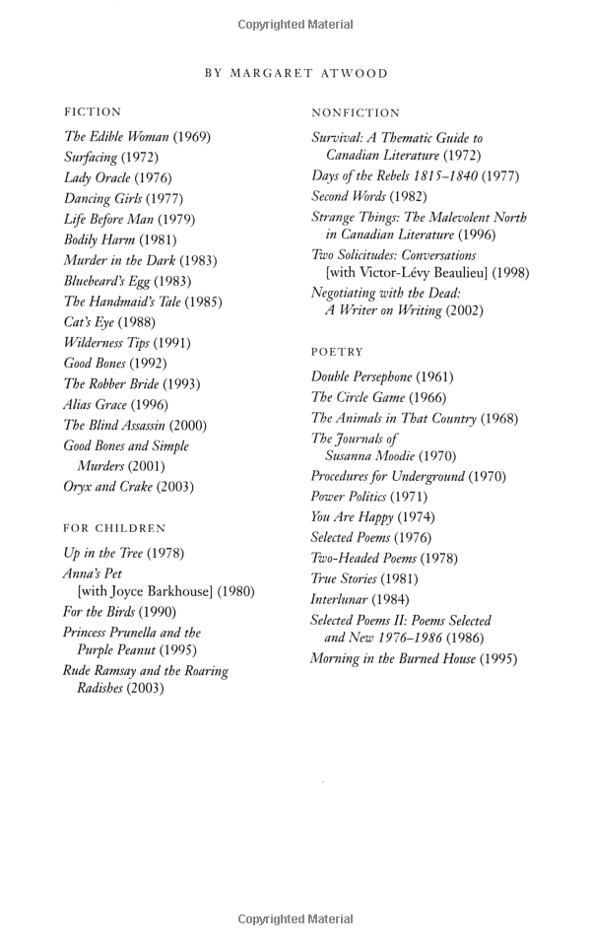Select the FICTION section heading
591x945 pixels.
coord(93,112)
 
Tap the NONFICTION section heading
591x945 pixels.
coord(356,113)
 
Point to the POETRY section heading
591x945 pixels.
coord(337,352)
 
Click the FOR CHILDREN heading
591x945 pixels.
coord(114,528)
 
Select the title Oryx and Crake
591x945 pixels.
coord(107,487)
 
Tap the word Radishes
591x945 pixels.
coord(106,689)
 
